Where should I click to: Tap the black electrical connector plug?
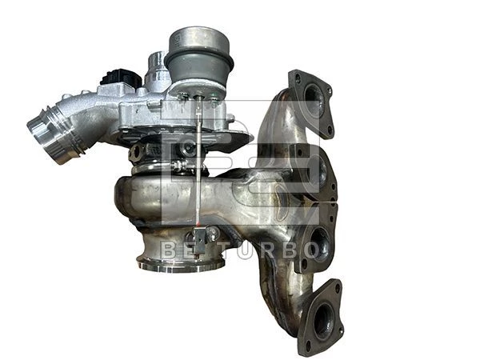[121, 77]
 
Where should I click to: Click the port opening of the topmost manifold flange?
[312, 97]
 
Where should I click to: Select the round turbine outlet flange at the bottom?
[181, 263]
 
